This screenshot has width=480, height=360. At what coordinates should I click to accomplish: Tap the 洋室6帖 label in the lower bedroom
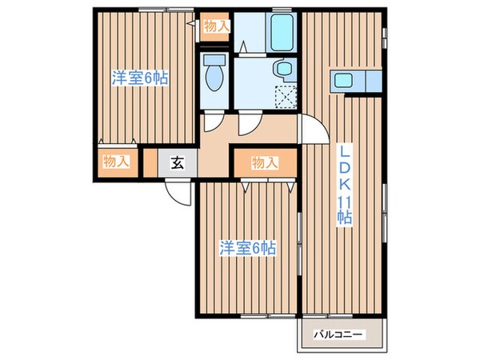[248, 248]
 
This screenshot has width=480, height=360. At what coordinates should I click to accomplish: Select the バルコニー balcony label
[338, 333]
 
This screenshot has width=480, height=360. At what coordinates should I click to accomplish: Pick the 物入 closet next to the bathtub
[215, 26]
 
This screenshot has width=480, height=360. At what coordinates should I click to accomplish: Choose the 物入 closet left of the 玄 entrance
[117, 161]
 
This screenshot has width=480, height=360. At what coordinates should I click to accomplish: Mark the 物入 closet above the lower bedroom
[264, 163]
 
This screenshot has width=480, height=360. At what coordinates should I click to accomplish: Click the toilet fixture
[214, 76]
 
